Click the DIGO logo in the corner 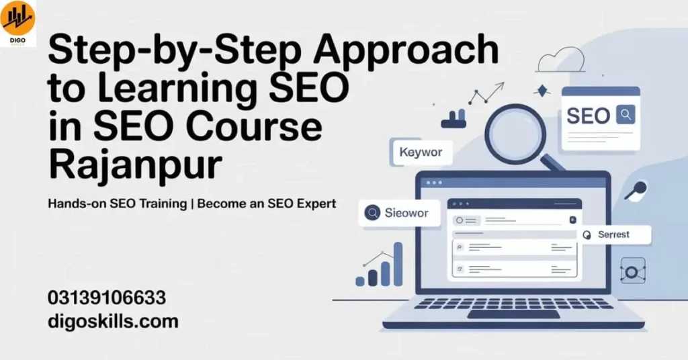pyautogui.click(x=18, y=21)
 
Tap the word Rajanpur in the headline pyautogui.click(x=134, y=165)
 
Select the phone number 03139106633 pyautogui.click(x=107, y=298)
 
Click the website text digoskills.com pyautogui.click(x=113, y=321)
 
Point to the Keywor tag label pyautogui.click(x=421, y=152)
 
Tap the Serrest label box pyautogui.click(x=613, y=234)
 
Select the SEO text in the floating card pyautogui.click(x=588, y=116)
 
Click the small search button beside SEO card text pyautogui.click(x=626, y=115)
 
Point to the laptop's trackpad pyautogui.click(x=513, y=314)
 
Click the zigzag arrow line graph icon pyautogui.click(x=485, y=93)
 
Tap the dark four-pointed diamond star pyautogui.click(x=542, y=90)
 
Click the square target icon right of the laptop pyautogui.click(x=632, y=271)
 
